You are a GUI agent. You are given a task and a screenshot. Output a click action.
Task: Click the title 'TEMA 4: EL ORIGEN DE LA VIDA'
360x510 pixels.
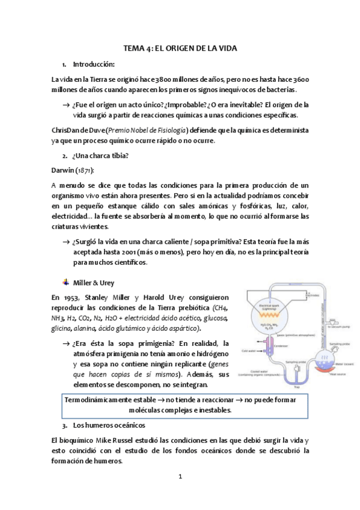click(180, 50)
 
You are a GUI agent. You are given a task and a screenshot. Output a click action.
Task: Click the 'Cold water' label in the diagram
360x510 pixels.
click(250, 350)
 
